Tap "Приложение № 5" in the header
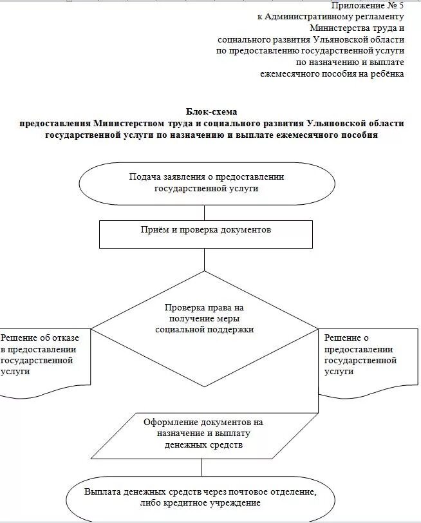(x=368, y=5)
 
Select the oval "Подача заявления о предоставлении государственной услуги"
(x=207, y=183)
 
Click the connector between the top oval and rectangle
(x=204, y=213)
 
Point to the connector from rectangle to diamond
(x=204, y=259)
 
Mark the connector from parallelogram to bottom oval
(x=204, y=465)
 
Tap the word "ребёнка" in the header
(x=386, y=74)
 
